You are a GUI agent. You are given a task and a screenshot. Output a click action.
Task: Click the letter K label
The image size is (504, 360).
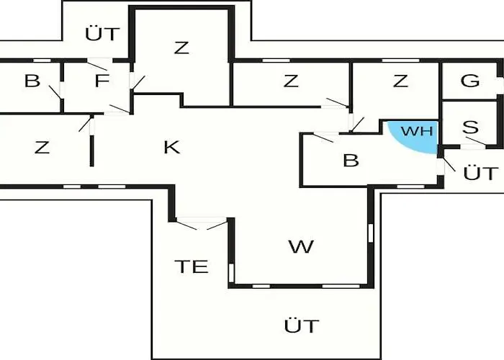pos(171,147)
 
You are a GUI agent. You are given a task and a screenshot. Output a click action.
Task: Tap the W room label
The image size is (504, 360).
pos(301,247)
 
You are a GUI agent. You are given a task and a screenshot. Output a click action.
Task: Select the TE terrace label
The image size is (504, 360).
pos(192,266)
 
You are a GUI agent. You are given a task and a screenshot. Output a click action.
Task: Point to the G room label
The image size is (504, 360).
pos(469,81)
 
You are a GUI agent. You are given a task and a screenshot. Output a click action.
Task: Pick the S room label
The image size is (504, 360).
pos(470,127)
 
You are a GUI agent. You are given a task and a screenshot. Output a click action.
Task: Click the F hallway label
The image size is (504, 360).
pos(101,81)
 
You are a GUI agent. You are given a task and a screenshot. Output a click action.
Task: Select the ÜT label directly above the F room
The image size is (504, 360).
pos(102,33)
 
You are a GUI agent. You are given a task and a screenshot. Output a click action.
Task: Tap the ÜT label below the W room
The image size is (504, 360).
pos(301,325)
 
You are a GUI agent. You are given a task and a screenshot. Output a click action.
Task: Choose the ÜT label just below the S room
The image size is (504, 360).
pos(480,174)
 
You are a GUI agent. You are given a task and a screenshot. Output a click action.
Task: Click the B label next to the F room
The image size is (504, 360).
pos(32,81)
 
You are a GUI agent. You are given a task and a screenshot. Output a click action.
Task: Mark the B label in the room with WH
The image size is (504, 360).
pos(351,160)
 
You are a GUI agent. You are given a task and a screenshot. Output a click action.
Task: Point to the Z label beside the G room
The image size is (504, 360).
pos(400,81)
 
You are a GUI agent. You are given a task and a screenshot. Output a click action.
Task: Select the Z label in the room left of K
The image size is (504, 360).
pos(42,148)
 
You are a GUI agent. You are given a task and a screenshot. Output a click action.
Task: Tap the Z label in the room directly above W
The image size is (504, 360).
pos(290,81)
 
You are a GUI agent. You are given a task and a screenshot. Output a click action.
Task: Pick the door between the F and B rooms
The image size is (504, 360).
pos(56,91)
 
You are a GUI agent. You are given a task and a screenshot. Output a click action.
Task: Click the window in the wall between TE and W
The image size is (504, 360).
pos(231,272)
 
